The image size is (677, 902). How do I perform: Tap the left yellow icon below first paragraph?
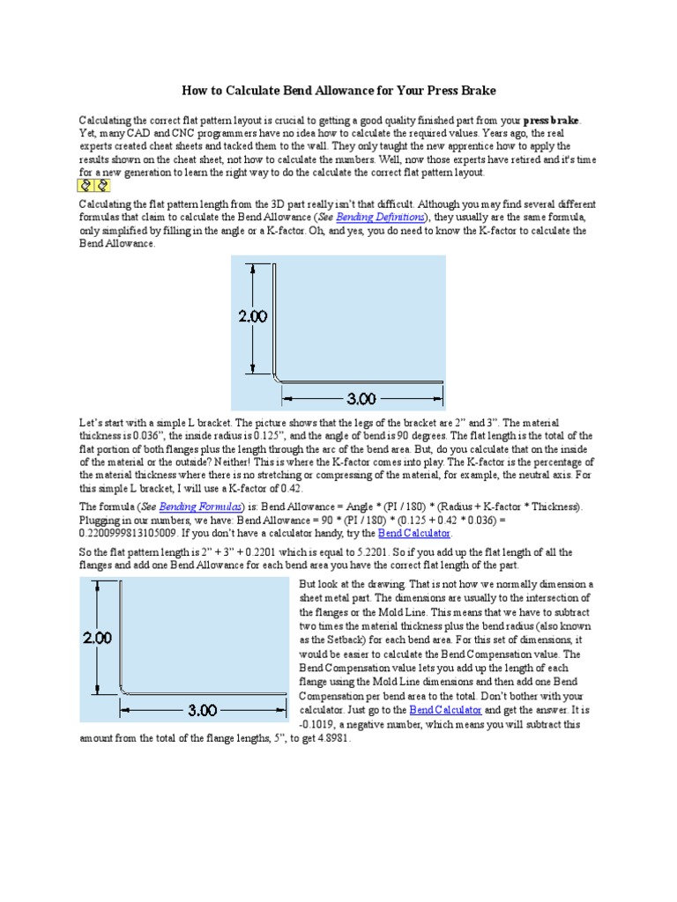(85, 186)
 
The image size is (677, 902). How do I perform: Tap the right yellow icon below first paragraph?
(101, 186)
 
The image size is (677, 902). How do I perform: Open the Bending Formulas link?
(200, 506)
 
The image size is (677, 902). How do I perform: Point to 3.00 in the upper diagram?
(361, 399)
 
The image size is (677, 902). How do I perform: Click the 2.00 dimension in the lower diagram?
(98, 637)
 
